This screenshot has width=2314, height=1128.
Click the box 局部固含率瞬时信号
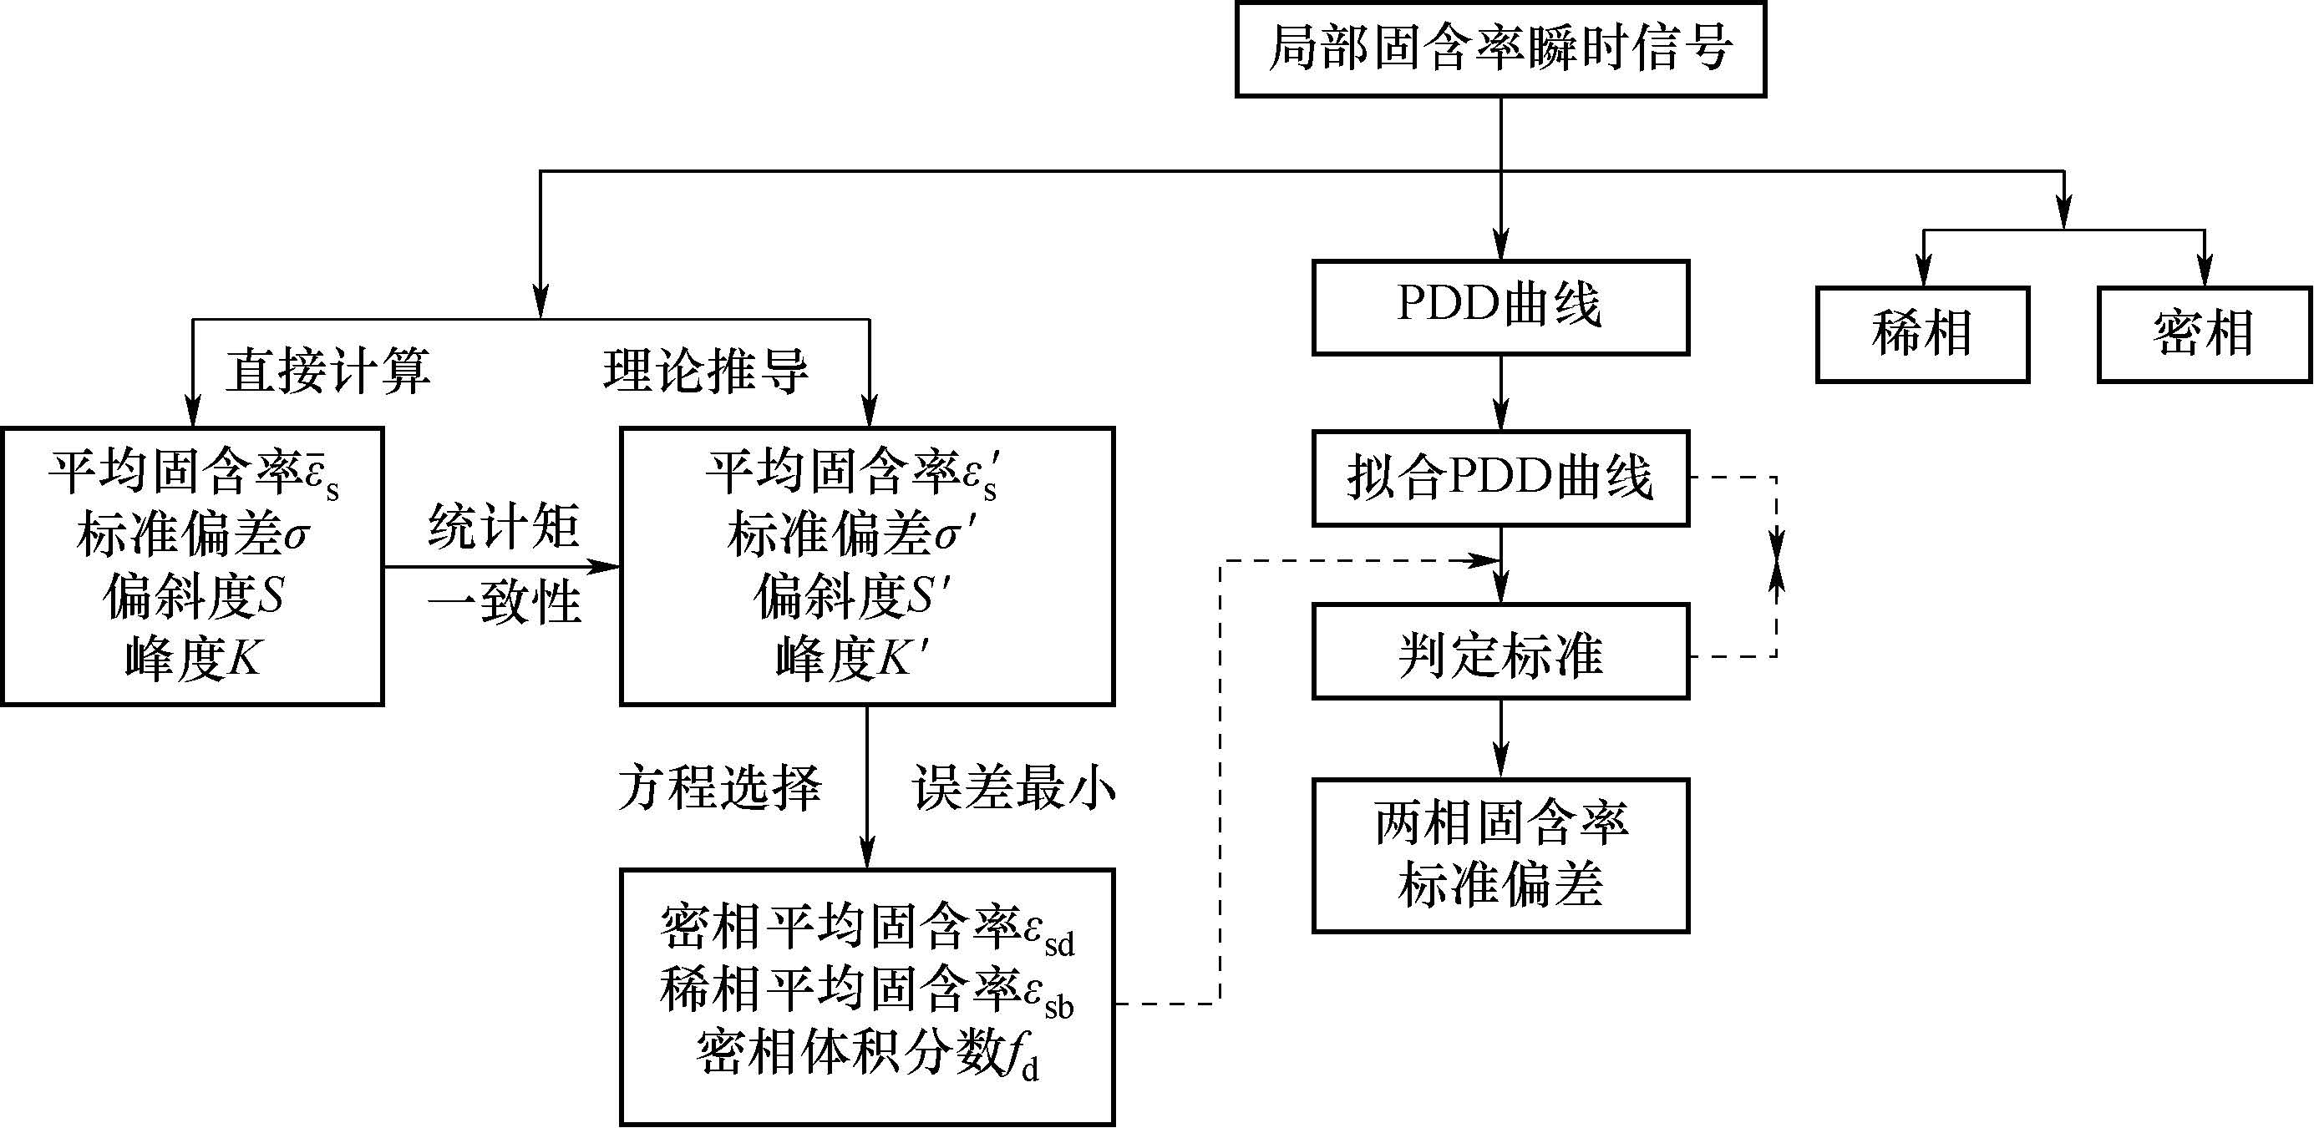click(1500, 49)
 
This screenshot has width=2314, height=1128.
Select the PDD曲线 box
click(1500, 307)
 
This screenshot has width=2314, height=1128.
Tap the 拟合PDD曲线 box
click(1500, 478)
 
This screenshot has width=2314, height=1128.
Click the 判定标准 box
click(1500, 652)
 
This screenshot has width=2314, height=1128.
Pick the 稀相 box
click(1921, 334)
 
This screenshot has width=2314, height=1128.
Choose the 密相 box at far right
click(2204, 334)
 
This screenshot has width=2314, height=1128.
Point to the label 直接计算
click(327, 371)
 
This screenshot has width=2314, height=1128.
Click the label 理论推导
click(706, 371)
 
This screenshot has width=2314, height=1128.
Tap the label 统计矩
click(504, 526)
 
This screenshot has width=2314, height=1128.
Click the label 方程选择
click(719, 788)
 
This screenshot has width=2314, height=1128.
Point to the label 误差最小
click(1014, 788)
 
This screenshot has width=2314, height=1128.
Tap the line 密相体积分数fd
click(867, 1053)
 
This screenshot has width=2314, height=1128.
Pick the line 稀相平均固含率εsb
click(867, 989)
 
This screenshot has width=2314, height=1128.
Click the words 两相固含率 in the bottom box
click(1500, 822)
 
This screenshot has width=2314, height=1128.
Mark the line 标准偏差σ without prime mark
click(193, 535)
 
